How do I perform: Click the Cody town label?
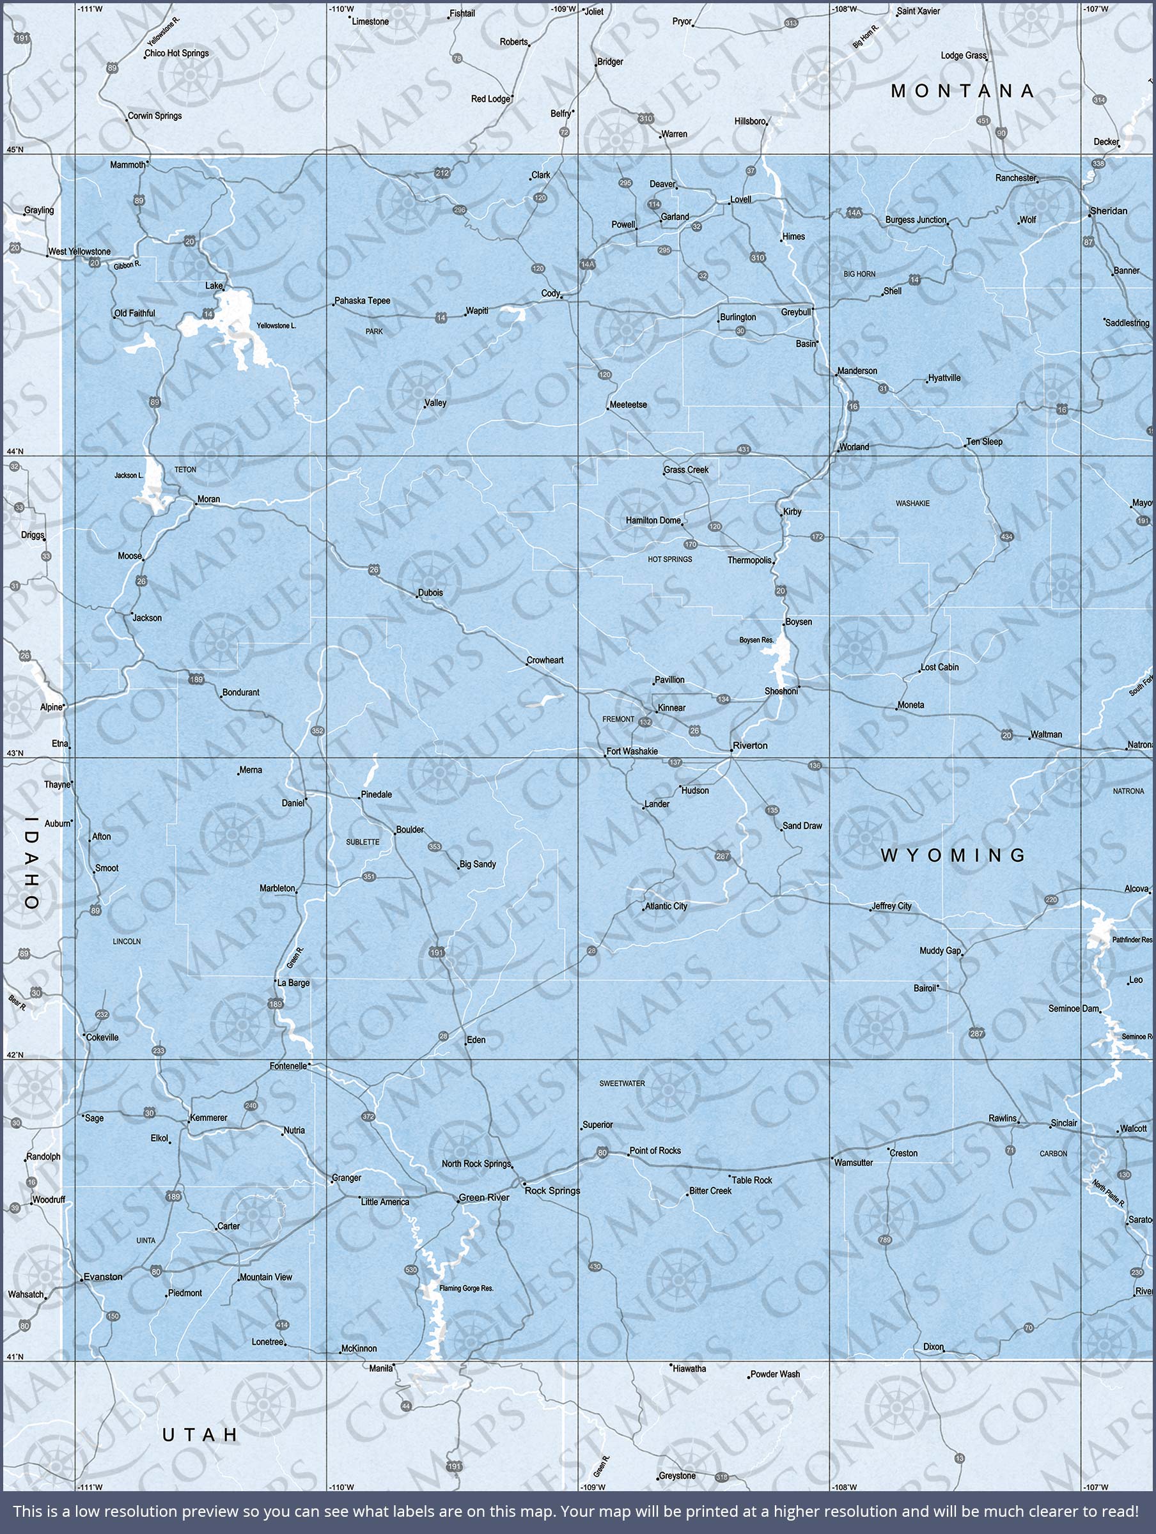pyautogui.click(x=551, y=293)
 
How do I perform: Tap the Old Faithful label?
pyautogui.click(x=136, y=313)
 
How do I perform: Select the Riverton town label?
pyautogui.click(x=750, y=745)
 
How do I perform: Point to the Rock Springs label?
pyautogui.click(x=552, y=1191)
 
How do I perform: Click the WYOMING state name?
pyautogui.click(x=953, y=855)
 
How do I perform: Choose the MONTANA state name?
pyautogui.click(x=963, y=91)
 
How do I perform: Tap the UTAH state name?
pyautogui.click(x=201, y=1435)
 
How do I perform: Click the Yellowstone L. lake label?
pyautogui.click(x=276, y=326)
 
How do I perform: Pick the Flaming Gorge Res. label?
pyautogui.click(x=466, y=1289)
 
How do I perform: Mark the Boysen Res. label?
pyautogui.click(x=756, y=640)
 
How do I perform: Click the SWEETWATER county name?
pyautogui.click(x=622, y=1083)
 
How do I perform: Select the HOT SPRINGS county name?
pyautogui.click(x=669, y=559)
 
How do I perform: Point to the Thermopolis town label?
pyautogui.click(x=749, y=561)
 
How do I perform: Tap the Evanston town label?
pyautogui.click(x=103, y=1276)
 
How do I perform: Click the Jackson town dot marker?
pyautogui.click(x=132, y=614)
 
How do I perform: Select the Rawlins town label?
pyautogui.click(x=1003, y=1119)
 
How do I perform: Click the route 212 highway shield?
pyautogui.click(x=442, y=173)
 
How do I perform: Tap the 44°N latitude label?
pyautogui.click(x=15, y=451)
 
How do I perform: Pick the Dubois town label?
pyautogui.click(x=430, y=593)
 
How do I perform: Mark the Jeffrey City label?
pyautogui.click(x=892, y=906)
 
